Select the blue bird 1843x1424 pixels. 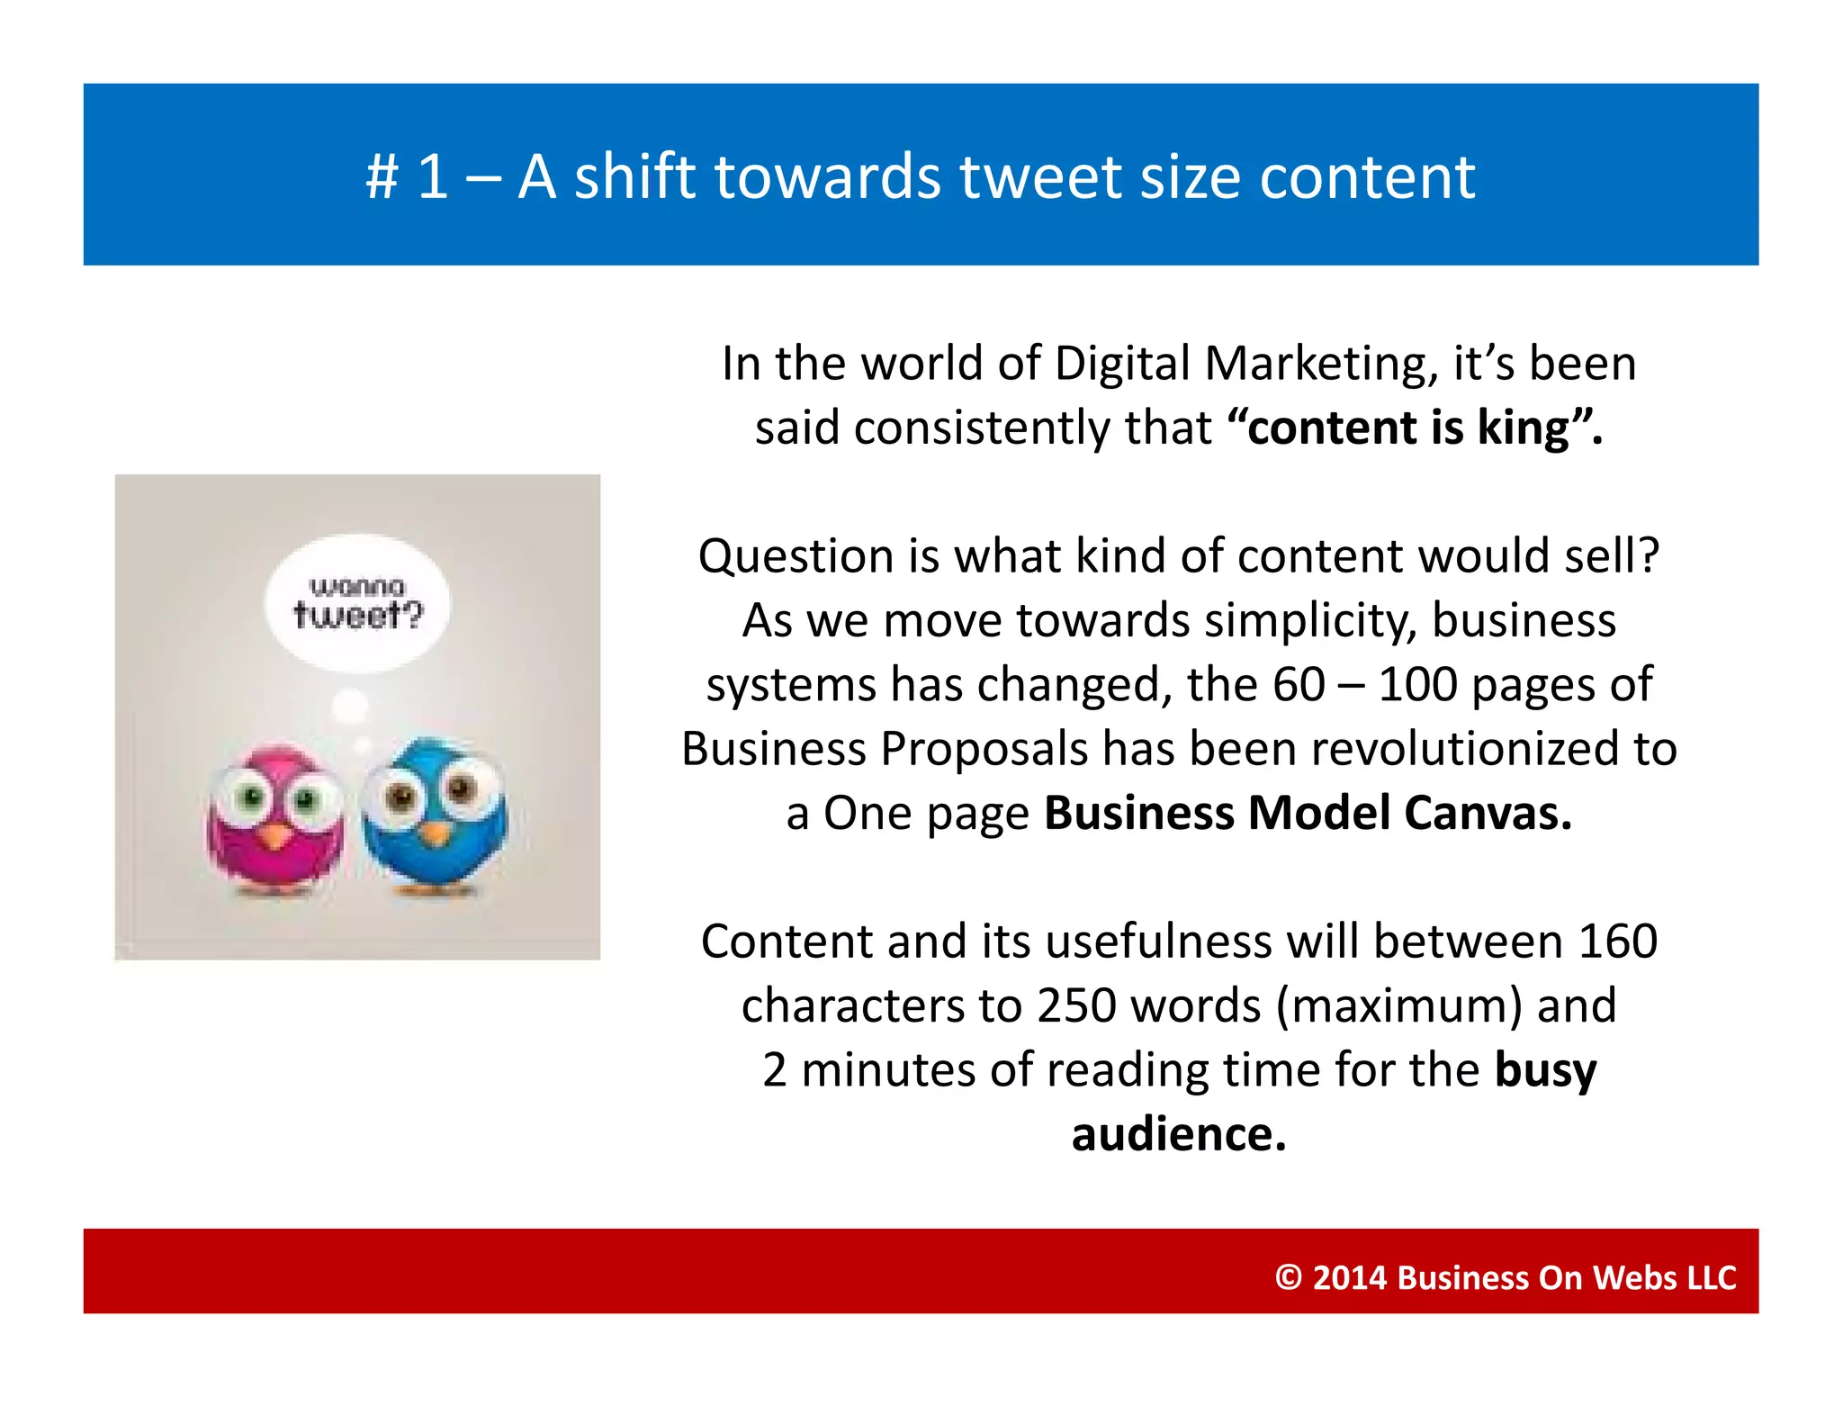coord(436,815)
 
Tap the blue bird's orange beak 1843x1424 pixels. coord(435,834)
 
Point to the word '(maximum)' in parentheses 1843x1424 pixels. coord(1399,1005)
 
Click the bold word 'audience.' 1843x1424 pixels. coord(1179,1134)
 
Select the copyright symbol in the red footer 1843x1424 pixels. coord(1288,1277)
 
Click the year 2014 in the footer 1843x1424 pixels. coord(1350,1277)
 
